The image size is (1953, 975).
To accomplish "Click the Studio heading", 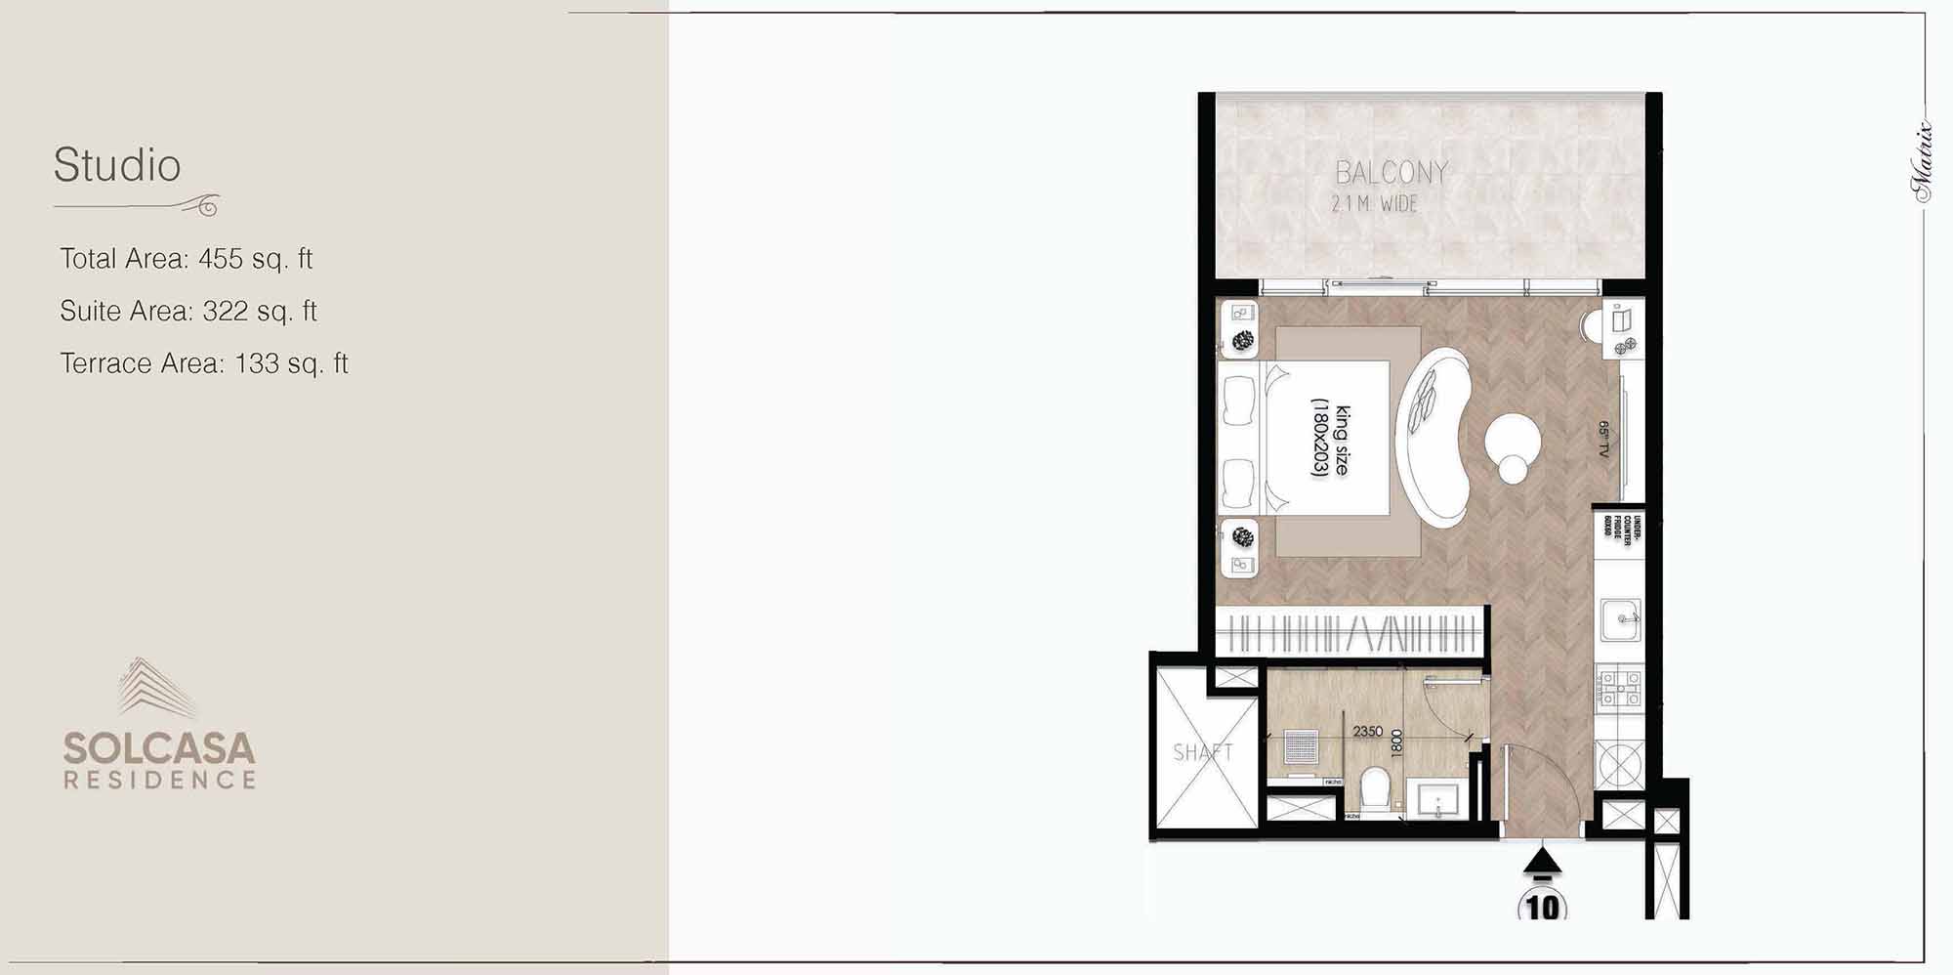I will tap(117, 165).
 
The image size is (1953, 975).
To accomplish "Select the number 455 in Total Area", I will tap(221, 259).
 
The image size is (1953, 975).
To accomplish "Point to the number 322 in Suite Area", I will tap(225, 312).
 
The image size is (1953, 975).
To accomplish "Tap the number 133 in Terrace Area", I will tap(257, 363).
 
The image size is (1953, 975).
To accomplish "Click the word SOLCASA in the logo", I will tap(159, 749).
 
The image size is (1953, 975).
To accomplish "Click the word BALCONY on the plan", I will tap(1392, 173).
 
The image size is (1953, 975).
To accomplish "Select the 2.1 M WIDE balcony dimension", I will tap(1374, 204).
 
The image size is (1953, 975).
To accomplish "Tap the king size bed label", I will tap(1331, 440).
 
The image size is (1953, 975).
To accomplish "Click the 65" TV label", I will tap(1603, 440).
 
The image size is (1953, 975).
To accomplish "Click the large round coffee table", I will tap(1513, 442).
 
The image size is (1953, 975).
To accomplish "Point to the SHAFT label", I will tap(1202, 752).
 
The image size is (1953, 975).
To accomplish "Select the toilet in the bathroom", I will tap(1375, 787).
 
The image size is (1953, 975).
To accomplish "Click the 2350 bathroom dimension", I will tap(1367, 731).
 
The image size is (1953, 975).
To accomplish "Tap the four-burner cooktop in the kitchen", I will tap(1620, 688).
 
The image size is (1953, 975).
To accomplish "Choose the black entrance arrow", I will tap(1542, 861).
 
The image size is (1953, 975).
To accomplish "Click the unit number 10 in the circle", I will tap(1543, 907).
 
